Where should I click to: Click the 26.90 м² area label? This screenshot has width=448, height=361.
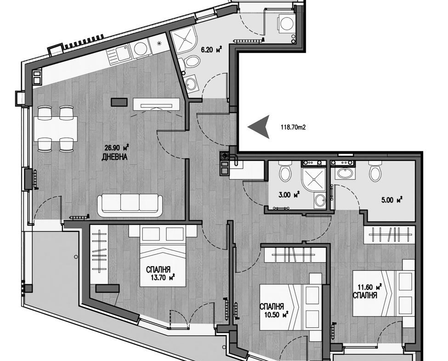pyautogui.click(x=117, y=148)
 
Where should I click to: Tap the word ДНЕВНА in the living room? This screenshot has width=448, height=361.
pyautogui.click(x=114, y=157)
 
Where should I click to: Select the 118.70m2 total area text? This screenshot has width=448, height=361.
pyautogui.click(x=294, y=127)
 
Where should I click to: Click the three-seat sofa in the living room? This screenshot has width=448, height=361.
pyautogui.click(x=130, y=205)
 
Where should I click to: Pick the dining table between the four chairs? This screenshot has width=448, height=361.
pyautogui.click(x=56, y=129)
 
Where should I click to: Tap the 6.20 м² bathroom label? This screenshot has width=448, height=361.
pyautogui.click(x=211, y=50)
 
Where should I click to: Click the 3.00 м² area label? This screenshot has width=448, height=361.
pyautogui.click(x=289, y=195)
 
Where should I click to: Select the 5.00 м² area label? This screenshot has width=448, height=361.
pyautogui.click(x=392, y=200)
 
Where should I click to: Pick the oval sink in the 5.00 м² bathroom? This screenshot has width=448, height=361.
pyautogui.click(x=345, y=173)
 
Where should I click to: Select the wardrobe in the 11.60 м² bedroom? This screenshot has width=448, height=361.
pyautogui.click(x=390, y=235)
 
